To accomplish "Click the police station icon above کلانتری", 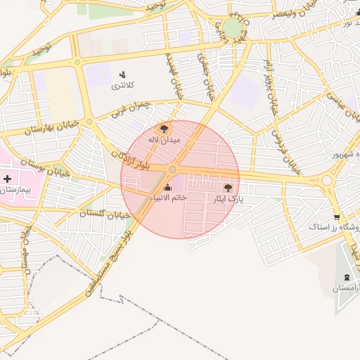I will (123, 75).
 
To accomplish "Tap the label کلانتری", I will (122, 86).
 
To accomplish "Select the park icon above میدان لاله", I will (164, 129).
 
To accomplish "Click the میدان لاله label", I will (164, 140).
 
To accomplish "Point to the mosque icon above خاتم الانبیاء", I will (167, 187).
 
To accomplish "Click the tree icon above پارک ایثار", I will (227, 187).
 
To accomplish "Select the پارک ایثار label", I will (228, 199).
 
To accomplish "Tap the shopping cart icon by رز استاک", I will (337, 217).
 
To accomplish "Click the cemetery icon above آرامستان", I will (347, 277).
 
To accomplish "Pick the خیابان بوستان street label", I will (50, 168).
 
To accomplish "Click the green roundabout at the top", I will (232, 29).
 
